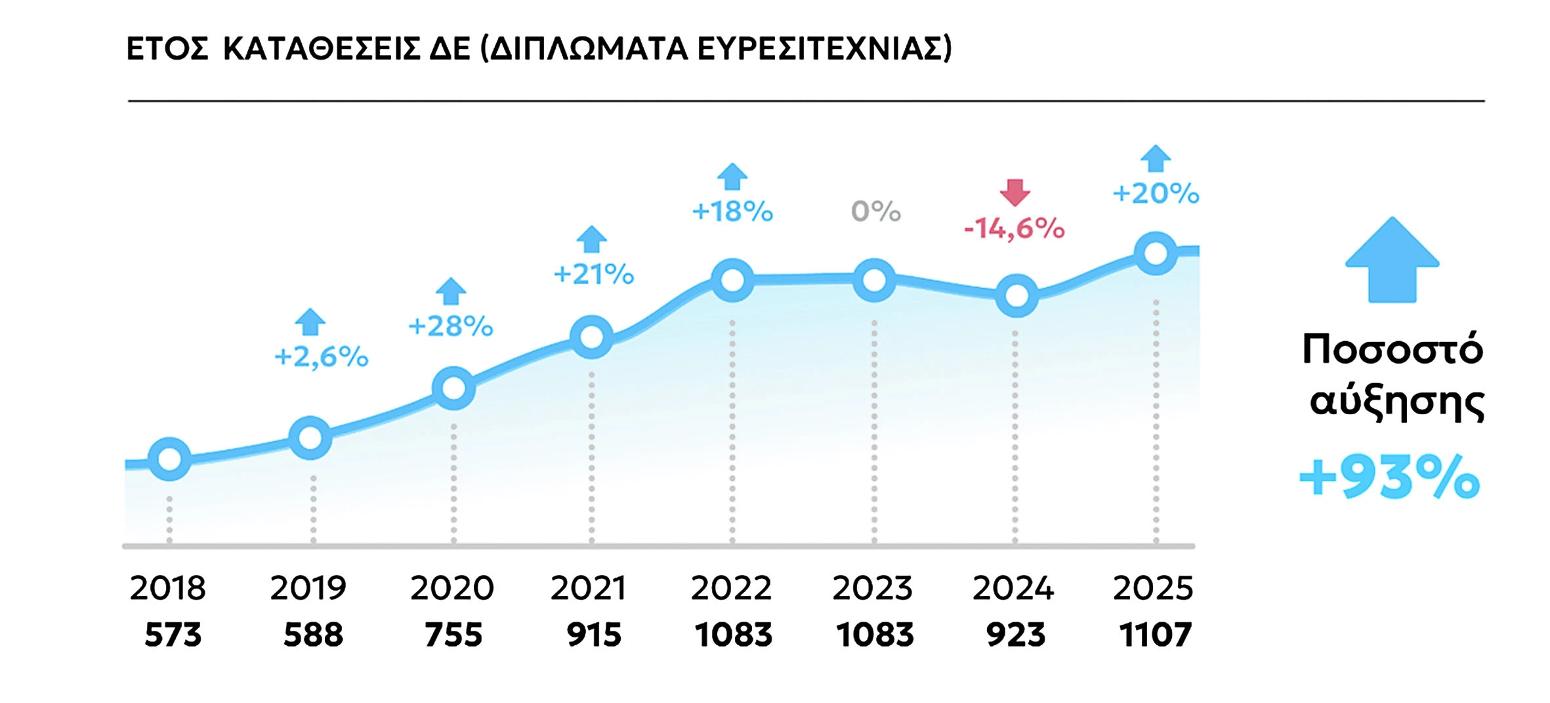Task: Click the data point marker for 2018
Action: coord(170,459)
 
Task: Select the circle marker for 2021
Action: coord(592,337)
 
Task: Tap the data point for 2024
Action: coord(1016,296)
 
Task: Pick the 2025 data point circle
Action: coord(1156,253)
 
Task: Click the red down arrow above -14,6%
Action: coord(1015,192)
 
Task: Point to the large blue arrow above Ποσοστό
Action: coord(1392,261)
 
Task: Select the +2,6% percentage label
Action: coord(322,357)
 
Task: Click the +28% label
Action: coord(451,326)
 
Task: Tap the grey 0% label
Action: coord(876,211)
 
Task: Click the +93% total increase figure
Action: coord(1390,477)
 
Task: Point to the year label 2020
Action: coord(452,587)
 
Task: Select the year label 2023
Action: coord(873,587)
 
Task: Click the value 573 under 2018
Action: coord(173,635)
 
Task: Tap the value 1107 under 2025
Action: coord(1156,635)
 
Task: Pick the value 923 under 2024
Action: coord(1015,635)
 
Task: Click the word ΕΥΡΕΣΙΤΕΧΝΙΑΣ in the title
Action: coord(824,49)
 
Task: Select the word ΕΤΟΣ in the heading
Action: coord(167,49)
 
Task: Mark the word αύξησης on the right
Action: coord(1397,402)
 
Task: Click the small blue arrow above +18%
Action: coord(732,177)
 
